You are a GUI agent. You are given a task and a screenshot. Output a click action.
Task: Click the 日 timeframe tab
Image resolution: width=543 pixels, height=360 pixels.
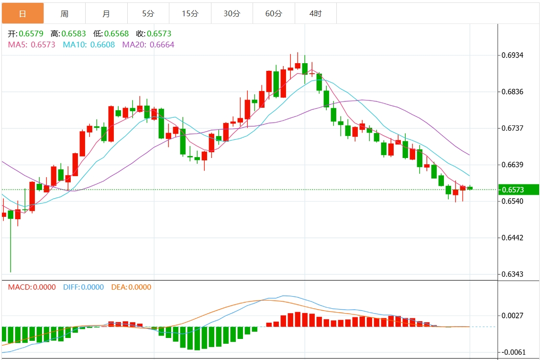coord(22,13)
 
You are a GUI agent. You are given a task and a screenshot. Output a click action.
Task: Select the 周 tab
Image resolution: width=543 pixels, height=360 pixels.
coord(64,13)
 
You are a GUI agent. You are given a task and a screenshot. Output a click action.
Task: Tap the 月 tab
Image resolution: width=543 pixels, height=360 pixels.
coord(106,13)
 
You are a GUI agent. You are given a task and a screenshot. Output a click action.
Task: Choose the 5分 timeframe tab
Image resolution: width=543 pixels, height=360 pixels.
coord(148,13)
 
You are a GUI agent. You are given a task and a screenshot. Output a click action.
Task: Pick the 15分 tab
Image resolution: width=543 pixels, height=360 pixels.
coord(189,13)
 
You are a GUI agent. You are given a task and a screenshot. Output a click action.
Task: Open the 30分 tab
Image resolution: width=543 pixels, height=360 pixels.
coord(232,13)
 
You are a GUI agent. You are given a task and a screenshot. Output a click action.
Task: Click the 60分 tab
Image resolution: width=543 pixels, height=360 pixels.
coord(274,13)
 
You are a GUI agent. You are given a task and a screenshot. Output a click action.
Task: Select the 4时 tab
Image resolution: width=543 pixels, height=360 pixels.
coord(315,13)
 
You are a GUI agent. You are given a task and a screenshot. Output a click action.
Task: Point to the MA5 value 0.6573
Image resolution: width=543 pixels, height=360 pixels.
coord(43,45)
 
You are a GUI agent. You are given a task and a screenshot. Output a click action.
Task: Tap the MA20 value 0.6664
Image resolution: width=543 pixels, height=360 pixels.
coord(162,45)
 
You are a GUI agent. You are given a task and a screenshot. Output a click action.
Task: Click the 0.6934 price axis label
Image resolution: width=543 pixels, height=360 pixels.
coord(512,55)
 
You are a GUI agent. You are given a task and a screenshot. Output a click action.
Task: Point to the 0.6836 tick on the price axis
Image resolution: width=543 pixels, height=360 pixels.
coord(512,91)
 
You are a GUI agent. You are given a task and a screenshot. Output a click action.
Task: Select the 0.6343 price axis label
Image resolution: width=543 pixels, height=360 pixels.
coord(512,274)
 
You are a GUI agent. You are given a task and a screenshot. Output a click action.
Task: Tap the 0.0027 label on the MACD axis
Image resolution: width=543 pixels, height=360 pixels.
coord(512,315)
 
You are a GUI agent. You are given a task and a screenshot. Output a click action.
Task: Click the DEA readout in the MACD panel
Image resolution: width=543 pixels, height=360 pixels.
coord(131,287)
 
